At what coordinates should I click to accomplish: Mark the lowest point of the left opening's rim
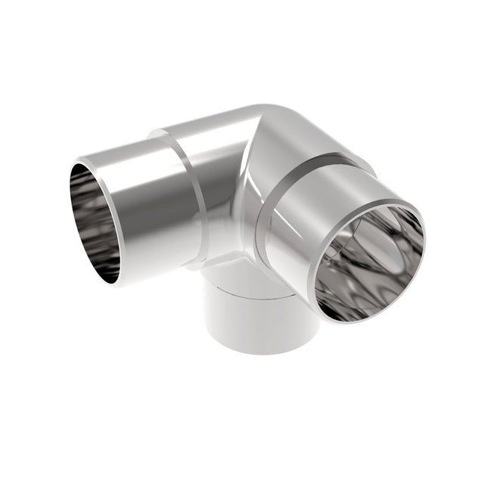coord(113,284)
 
